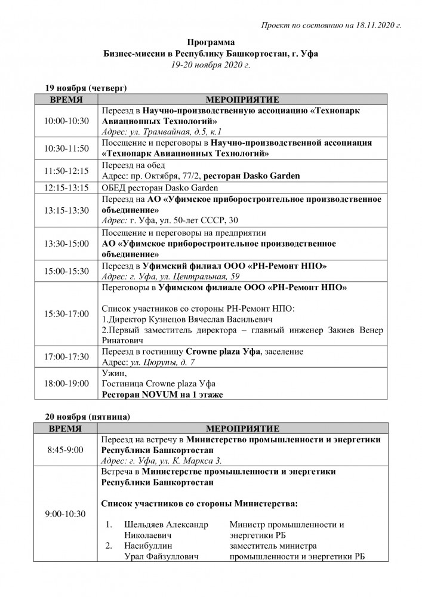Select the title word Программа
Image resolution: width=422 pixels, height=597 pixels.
211,42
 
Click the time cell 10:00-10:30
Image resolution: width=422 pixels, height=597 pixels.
67,121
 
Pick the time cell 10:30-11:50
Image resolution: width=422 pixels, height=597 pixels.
67,149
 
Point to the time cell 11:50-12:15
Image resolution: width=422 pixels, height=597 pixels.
67,171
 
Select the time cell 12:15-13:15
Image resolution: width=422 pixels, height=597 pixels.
67,187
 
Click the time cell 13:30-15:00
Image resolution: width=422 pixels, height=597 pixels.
67,244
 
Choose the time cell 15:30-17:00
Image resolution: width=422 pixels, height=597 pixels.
67,313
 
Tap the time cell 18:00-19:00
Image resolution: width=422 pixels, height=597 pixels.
67,383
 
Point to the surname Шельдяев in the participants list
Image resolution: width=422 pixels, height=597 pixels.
144,525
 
